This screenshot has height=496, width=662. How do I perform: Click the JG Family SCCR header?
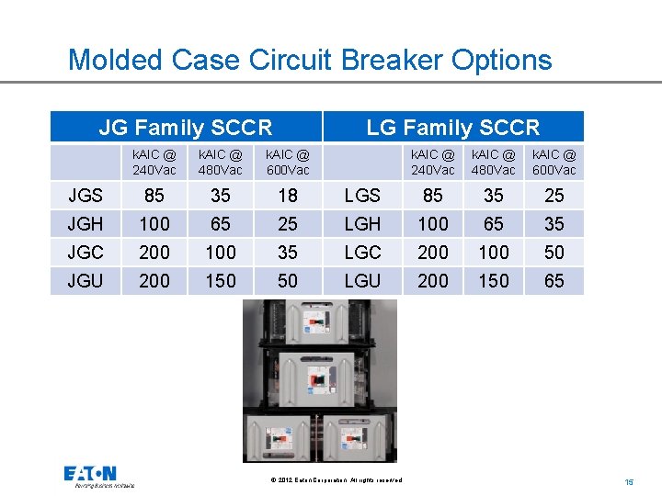coord(185,127)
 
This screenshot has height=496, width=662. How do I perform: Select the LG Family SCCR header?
coord(452,127)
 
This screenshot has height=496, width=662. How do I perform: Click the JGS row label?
coord(86,195)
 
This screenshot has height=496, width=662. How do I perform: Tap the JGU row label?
coord(86,280)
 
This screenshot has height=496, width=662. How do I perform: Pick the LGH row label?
coord(362,223)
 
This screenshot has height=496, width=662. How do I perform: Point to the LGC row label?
coord(362,252)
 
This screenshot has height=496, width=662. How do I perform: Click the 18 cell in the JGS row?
coord(288,195)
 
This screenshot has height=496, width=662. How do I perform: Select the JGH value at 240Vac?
coord(154,223)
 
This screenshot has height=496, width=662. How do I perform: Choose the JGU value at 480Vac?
coord(221,280)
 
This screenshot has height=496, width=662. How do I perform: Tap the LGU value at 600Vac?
coord(554,280)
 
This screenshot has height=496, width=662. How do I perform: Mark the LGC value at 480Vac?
coord(494,252)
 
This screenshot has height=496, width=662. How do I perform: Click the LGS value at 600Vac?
coord(554,195)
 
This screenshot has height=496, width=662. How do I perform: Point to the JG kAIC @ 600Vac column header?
coord(288,163)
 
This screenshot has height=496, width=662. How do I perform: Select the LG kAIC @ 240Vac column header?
coord(432,163)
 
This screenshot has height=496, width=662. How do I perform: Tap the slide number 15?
coord(629,481)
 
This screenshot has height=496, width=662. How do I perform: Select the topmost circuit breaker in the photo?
coord(320,322)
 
